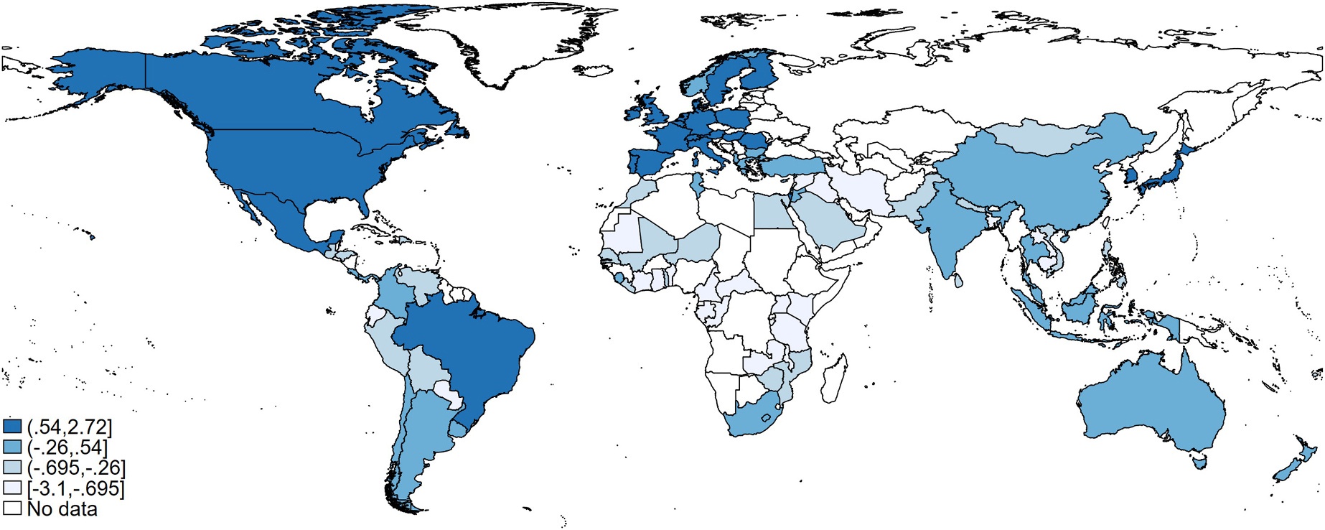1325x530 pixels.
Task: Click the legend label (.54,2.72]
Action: coord(70,427)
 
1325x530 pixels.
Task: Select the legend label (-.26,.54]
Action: coord(67,448)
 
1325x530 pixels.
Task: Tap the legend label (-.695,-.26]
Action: coord(76,468)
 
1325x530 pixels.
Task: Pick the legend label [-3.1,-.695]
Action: coord(75,489)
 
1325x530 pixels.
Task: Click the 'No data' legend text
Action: coord(62,509)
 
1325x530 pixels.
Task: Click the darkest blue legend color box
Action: coord(12,427)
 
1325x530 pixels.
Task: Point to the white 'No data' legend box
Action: coord(12,509)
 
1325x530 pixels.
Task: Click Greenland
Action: coord(502,43)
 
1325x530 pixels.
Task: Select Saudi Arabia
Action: coord(825,219)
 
